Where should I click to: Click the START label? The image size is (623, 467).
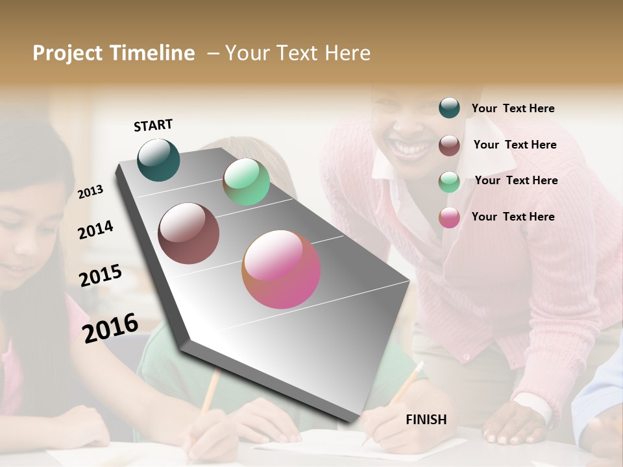153,125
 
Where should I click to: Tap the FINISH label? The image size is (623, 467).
426,420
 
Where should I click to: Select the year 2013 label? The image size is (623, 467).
91,191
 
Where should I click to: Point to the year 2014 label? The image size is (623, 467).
95,230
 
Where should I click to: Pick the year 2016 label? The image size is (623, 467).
110,328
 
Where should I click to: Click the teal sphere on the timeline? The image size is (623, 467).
158,160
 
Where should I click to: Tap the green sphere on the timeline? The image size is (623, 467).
246,182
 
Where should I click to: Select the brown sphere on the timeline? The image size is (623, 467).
189,233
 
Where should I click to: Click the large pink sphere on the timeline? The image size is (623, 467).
281,269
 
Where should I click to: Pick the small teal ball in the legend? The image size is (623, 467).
449,108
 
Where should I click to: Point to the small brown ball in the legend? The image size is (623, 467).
449,145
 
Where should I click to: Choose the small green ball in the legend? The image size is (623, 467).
449,181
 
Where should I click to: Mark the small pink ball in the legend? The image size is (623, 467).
449,217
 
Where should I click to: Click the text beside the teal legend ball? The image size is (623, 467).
513,108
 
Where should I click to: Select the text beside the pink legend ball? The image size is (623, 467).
513,217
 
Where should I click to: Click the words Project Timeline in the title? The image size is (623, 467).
114,53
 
